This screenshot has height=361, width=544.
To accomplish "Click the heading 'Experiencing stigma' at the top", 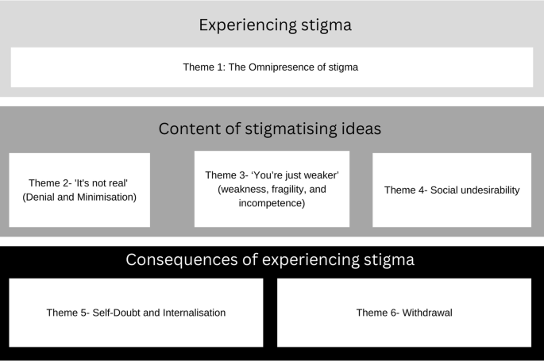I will pos(275,25).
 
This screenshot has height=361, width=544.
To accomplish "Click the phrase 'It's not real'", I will pos(99,182).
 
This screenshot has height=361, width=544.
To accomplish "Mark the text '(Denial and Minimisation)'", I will pos(79,197).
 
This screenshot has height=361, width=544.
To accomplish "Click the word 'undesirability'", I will pos(485,190).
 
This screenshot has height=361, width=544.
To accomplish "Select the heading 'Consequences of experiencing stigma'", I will pos(270,259).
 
